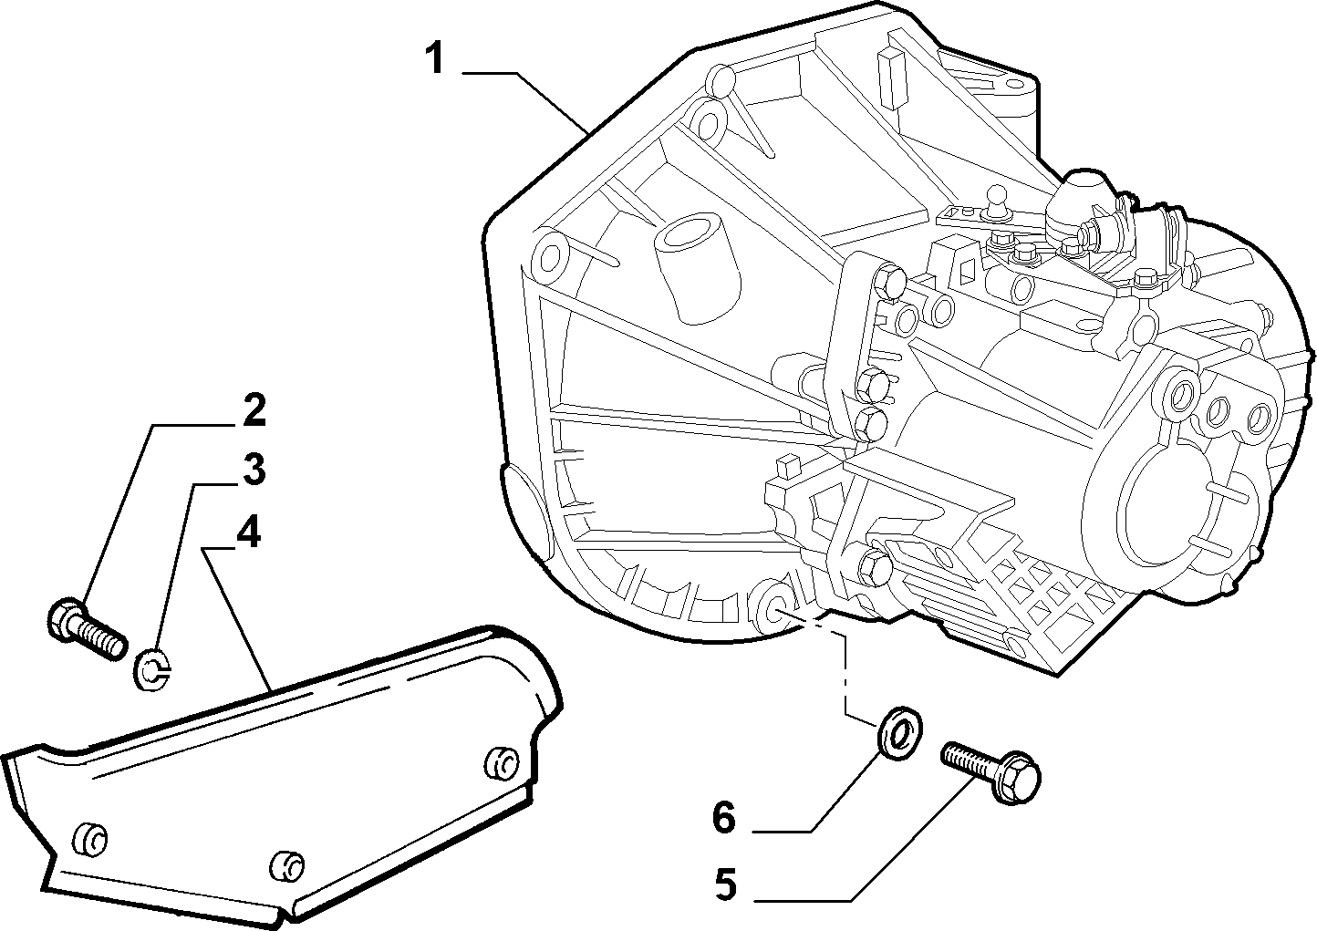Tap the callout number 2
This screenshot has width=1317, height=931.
pos(254,409)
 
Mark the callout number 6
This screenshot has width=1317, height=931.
pos(724,817)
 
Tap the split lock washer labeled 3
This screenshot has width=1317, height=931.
pos(153,669)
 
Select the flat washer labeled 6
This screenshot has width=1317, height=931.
pos(899,733)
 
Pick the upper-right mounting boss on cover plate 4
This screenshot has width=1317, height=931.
pos(502,763)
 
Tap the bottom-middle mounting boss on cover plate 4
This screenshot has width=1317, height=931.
pos(286,865)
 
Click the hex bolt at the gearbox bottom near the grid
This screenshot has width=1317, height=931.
pos(876,568)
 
